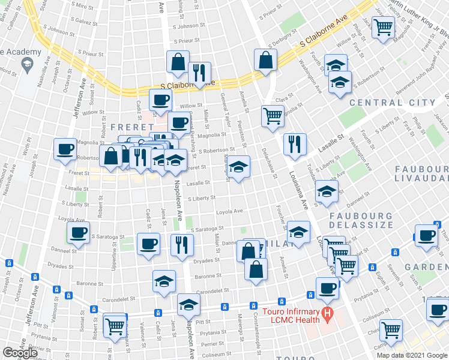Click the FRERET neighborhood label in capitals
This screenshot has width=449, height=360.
click(125, 127)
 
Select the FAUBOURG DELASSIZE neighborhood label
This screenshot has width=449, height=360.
click(360, 221)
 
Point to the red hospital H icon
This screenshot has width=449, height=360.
click(327, 313)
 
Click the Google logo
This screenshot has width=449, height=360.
click(20, 353)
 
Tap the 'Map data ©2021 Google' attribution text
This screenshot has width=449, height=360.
click(411, 355)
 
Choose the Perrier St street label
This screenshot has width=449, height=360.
click(214, 344)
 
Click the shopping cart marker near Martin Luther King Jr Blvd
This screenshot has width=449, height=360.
click(382, 27)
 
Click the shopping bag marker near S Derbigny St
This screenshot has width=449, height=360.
click(265, 60)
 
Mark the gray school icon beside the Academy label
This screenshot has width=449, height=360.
click(27, 66)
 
